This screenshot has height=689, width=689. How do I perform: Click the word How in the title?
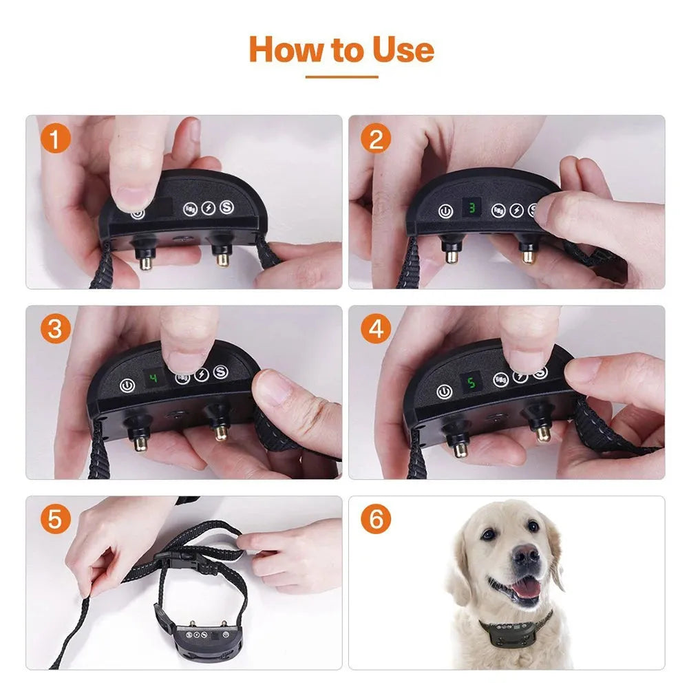click(x=281, y=50)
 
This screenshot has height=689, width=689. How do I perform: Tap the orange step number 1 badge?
click(x=55, y=140)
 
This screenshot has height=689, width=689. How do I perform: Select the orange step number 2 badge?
click(x=376, y=140)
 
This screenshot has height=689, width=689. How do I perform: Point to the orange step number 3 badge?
click(x=55, y=329)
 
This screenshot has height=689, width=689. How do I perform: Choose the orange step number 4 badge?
click(x=376, y=329)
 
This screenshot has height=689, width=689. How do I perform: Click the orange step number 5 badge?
click(x=55, y=520)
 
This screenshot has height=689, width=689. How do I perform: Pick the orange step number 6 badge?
click(x=376, y=520)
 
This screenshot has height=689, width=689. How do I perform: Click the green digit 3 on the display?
click(x=471, y=207)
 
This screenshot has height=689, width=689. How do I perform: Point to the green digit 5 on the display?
click(x=471, y=383)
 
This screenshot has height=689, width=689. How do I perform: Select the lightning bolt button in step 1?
click(x=208, y=208)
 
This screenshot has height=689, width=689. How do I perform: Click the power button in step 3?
click(x=127, y=387)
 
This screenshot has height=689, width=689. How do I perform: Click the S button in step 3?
click(x=220, y=372)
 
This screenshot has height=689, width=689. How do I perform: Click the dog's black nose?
click(x=527, y=555)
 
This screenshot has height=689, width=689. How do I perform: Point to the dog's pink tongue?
click(x=528, y=587)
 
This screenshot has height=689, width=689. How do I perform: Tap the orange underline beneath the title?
click(x=341, y=77)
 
